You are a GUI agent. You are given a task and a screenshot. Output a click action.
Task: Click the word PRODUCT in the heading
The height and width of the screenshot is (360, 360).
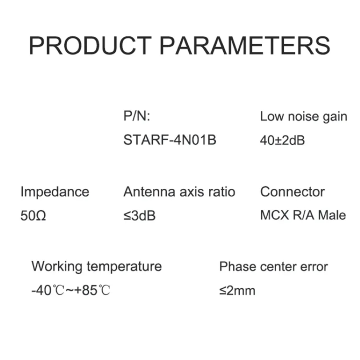pyautogui.click(x=90, y=45)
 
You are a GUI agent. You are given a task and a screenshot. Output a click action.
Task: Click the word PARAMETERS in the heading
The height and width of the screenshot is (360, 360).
pyautogui.click(x=245, y=45)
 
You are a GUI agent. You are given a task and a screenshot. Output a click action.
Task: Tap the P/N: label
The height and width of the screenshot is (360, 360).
pyautogui.click(x=137, y=116)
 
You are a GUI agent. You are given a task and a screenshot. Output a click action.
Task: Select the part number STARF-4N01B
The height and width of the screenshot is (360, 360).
pyautogui.click(x=170, y=140)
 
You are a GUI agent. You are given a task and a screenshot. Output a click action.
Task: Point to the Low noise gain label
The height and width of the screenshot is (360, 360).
pyautogui.click(x=304, y=117)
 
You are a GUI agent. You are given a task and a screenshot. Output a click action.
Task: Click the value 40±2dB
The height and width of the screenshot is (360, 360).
pyautogui.click(x=283, y=140)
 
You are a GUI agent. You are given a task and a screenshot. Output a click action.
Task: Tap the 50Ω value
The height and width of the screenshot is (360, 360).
pyautogui.click(x=33, y=216)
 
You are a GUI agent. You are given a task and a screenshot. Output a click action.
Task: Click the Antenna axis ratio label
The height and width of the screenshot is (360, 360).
pyautogui.click(x=179, y=192)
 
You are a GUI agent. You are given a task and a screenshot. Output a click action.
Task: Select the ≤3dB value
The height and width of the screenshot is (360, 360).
pyautogui.click(x=140, y=216)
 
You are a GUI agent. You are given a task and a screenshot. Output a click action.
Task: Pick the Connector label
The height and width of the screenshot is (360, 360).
pyautogui.click(x=292, y=192)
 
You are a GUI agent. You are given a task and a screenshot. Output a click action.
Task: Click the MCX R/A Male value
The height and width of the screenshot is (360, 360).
pyautogui.click(x=303, y=215)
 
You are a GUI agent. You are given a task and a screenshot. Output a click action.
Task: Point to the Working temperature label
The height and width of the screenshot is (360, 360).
pyautogui.click(x=97, y=267)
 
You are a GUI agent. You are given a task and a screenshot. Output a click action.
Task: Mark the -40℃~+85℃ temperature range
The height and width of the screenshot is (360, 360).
pyautogui.click(x=71, y=290)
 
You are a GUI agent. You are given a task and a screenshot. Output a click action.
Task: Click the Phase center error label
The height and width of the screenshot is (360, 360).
pyautogui.click(x=273, y=267)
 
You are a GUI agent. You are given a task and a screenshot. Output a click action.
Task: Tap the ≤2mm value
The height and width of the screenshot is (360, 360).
pyautogui.click(x=237, y=291)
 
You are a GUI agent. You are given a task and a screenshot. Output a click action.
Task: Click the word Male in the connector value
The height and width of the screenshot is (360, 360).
pyautogui.click(x=332, y=215)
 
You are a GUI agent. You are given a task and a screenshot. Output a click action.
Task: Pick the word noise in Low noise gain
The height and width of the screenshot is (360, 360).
pyautogui.click(x=303, y=117)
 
